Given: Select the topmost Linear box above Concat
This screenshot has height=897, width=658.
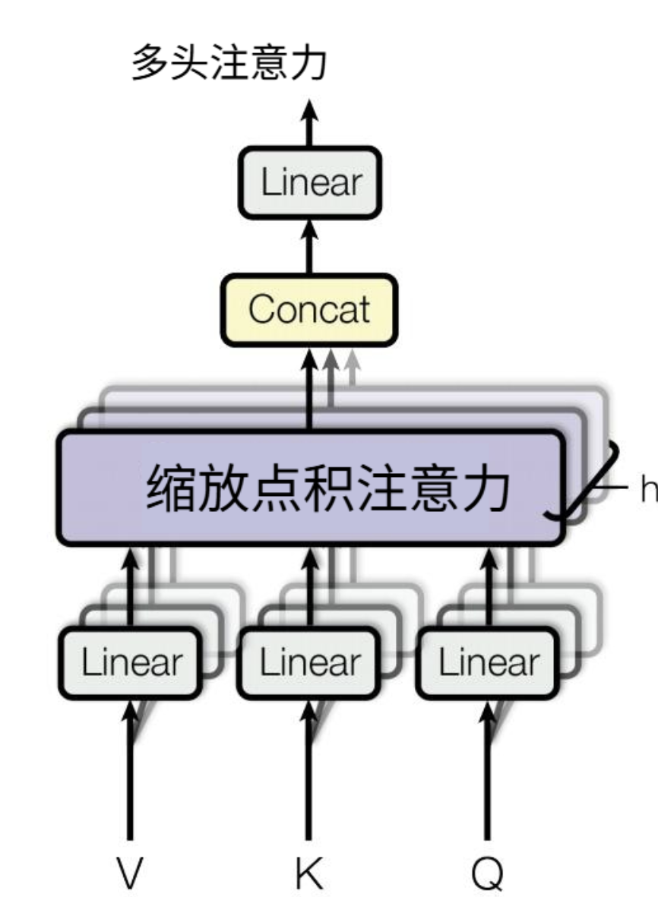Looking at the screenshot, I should point(309,183).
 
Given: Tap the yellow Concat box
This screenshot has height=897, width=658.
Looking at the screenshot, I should point(309,309).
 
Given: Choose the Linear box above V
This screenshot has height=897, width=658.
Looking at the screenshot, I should point(131,662).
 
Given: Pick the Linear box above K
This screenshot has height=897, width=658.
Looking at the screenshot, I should point(309,662).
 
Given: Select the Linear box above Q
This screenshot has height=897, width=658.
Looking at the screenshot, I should point(488,662).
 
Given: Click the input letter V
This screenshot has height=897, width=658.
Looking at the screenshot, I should point(131,873).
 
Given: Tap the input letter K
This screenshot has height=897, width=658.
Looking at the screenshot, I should point(309,873).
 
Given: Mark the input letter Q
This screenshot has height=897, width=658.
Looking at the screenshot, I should point(488,873).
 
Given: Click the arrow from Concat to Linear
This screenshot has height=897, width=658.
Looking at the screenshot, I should point(309,246).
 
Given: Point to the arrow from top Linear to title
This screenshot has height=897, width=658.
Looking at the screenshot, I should point(309,122).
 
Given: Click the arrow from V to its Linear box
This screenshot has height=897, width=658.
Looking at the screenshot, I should point(131,767).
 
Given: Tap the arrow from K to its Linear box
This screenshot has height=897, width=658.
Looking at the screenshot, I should point(309,767).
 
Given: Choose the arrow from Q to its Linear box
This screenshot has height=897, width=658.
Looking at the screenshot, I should point(488,767).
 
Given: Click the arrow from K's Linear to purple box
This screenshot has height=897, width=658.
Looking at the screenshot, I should point(309,577).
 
